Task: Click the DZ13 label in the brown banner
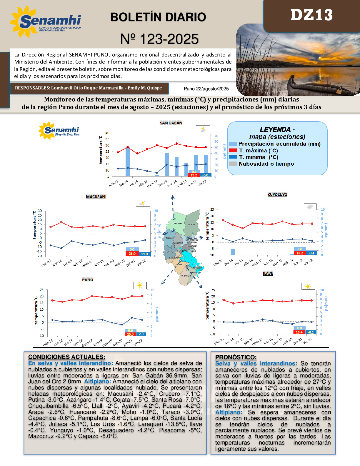[x=311, y=15]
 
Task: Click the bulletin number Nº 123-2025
[x=159, y=39]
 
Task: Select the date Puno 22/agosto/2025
[x=206, y=89]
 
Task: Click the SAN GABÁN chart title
[x=171, y=123]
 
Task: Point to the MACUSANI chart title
[x=96, y=197]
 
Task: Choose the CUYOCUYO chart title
[x=277, y=195]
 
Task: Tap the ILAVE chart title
[x=268, y=274]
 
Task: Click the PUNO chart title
[x=88, y=280]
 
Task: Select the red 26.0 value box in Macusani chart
[x=132, y=254]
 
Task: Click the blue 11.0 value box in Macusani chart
[x=144, y=254]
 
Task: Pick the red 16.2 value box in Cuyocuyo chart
[x=299, y=253]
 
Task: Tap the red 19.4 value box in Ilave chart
[x=299, y=332]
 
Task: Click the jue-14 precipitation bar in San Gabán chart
[x=128, y=162]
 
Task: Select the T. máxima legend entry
[x=258, y=151]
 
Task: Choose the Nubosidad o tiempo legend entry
[x=266, y=164]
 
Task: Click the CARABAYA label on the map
[x=177, y=224]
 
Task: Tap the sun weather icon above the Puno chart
[x=140, y=285]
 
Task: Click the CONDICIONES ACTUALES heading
[x=66, y=357]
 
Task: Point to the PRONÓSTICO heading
[x=236, y=357]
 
